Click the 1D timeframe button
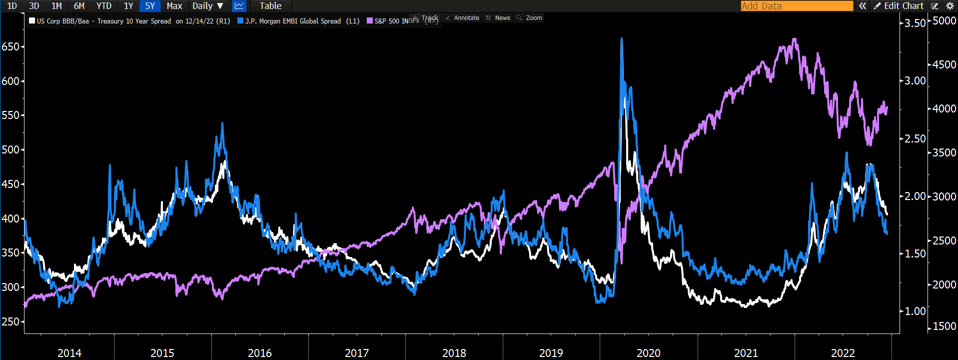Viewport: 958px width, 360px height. tap(12, 6)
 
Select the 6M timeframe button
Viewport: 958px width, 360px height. tap(79, 6)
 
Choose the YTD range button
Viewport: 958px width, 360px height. tap(104, 6)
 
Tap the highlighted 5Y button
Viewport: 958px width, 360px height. tap(150, 6)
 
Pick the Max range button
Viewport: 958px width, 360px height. tap(174, 6)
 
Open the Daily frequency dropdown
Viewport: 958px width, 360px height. tap(208, 6)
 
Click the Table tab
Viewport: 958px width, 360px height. tap(270, 6)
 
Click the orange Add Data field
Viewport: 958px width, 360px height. tap(797, 6)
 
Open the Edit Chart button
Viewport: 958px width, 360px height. tap(899, 6)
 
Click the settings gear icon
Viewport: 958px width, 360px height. tap(950, 6)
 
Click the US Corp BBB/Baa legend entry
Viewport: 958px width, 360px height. tap(130, 21)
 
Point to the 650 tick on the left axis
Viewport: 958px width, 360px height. tap(10, 46)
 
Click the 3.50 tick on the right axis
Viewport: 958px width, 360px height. tap(915, 23)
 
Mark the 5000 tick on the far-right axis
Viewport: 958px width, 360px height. tap(945, 21)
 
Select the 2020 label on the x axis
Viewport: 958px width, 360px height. tap(648, 353)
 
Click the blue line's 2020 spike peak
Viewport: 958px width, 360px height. tap(622, 38)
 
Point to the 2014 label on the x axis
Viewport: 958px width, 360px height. tap(69, 353)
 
